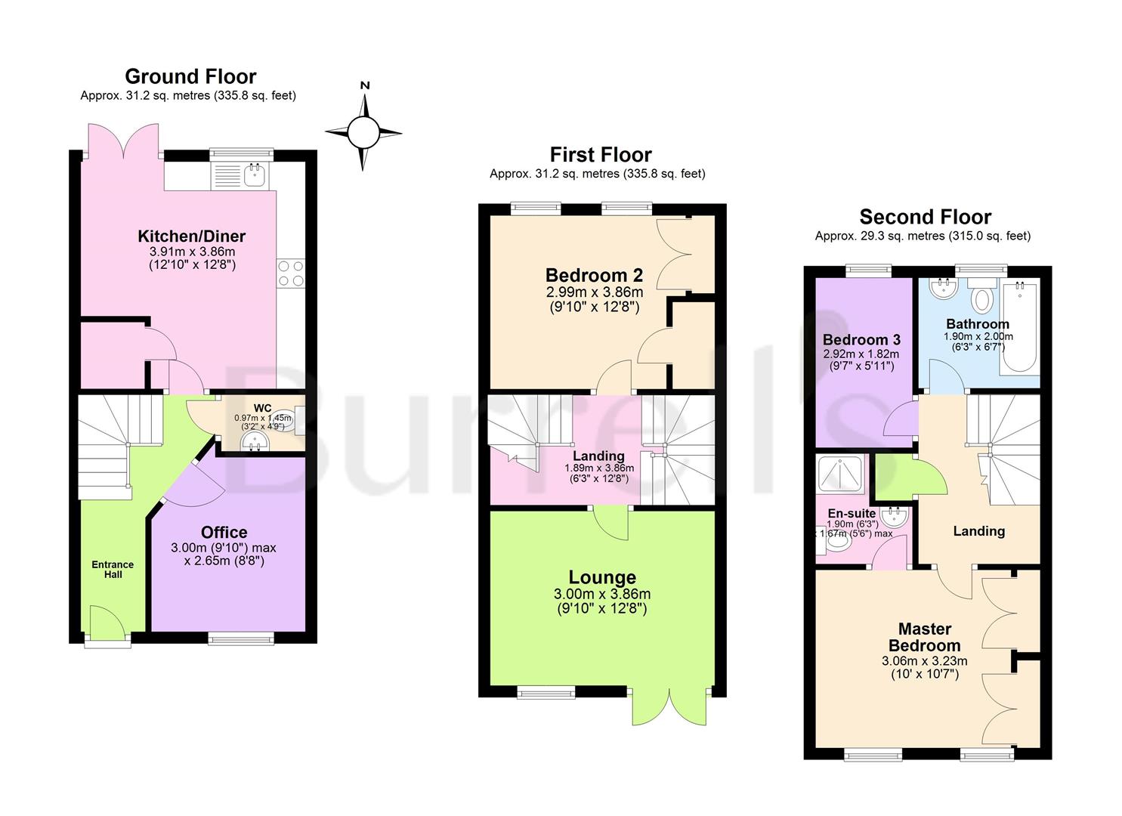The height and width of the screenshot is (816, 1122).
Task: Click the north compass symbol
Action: point(363,133)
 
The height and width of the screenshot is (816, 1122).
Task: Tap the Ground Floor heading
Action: point(190,76)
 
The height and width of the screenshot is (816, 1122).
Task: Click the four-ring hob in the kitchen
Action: point(291,273)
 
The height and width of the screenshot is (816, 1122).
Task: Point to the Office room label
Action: point(224,532)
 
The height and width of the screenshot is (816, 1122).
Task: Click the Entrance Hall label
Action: point(113,570)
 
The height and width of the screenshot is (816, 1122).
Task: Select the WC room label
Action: point(262,408)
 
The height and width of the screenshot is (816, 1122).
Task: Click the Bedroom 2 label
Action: point(594,275)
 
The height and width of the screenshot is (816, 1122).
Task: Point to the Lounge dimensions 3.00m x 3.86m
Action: point(602,595)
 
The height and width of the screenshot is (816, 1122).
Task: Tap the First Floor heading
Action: point(600,155)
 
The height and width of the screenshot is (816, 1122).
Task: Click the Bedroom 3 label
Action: point(861,339)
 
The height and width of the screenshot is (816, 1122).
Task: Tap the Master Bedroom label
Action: point(924,637)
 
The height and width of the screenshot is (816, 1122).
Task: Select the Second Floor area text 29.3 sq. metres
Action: point(922,236)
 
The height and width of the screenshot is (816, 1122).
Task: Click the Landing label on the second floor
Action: point(978,531)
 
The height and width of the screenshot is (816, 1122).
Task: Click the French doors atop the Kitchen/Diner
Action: point(122,141)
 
